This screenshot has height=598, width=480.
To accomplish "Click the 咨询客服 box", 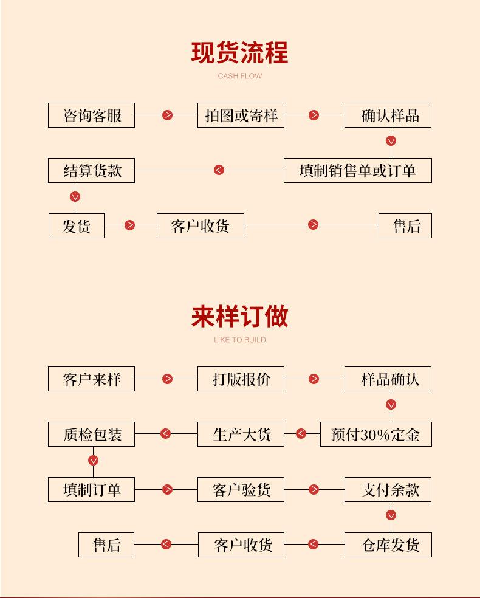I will pos(91,115).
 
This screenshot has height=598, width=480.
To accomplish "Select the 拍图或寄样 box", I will pos(241,115).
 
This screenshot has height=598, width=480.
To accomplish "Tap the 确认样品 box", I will pos(388,115).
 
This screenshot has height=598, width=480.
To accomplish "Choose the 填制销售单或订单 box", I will pos(357,171).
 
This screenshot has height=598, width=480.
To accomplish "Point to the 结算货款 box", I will pos(91,171).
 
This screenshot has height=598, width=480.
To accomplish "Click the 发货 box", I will pos(77,226).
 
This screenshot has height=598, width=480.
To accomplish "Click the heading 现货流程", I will pos(239,53).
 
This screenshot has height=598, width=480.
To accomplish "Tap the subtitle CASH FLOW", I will pos(239,77).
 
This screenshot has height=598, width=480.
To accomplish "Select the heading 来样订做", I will pos(239,317).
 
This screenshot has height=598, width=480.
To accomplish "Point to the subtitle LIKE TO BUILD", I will pos(239,340).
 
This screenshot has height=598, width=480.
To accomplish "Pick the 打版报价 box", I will pos(241,379).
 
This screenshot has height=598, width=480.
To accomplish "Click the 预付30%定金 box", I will pos(375,435).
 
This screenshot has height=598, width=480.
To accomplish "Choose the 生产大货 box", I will pos(241,435).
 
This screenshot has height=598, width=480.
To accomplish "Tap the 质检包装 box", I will pos(91,435).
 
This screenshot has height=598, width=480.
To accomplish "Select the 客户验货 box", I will pos(241,490).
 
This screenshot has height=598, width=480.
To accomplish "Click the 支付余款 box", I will pos(388,490).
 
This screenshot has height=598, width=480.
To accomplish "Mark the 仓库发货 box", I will pos(388,545).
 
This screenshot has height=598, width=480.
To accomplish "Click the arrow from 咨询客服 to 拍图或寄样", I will pos(167,115).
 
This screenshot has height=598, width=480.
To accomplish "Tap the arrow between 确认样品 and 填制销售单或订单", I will pos(391,141).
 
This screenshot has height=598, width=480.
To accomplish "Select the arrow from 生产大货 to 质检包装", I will pos(165,434).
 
